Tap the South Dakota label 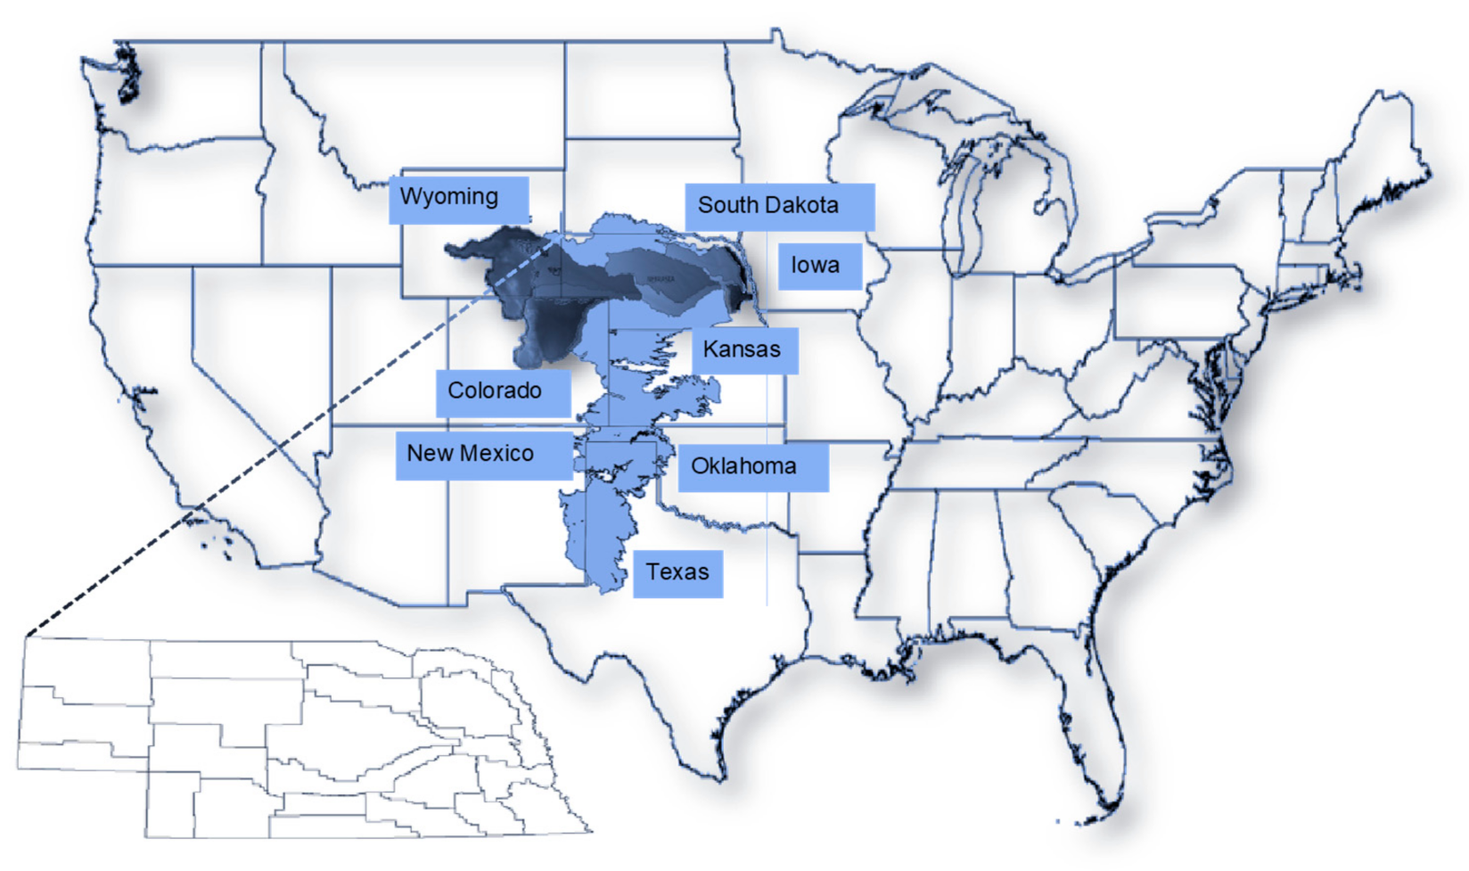click(x=778, y=207)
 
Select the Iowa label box click(x=819, y=266)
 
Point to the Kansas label click(x=744, y=349)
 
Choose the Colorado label click(x=503, y=392)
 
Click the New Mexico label click(x=483, y=455)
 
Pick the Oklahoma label click(x=752, y=467)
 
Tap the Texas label click(x=677, y=573)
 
